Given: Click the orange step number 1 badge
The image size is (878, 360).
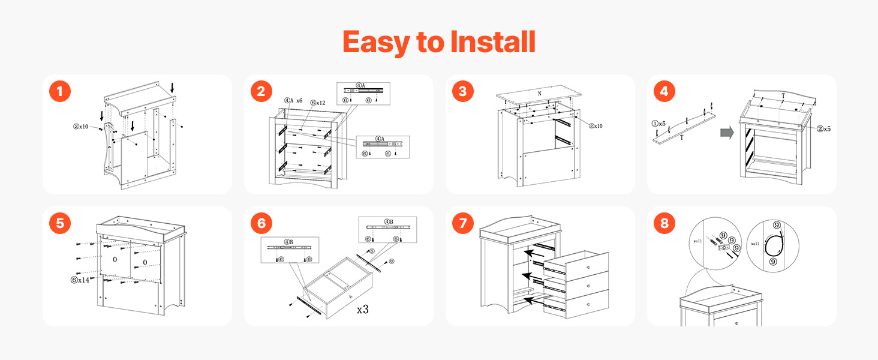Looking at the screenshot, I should (59, 92).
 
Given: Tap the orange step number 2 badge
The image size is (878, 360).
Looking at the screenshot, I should (261, 92).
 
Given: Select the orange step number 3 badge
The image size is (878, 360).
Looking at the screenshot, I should (462, 92).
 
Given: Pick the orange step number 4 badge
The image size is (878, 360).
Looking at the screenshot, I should (664, 92).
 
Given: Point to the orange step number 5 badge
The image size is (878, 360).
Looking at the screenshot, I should (59, 224).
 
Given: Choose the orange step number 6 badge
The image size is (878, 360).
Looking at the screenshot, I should (261, 224).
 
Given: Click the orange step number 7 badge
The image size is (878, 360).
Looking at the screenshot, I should (462, 224).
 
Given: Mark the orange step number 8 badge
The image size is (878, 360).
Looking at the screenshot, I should (664, 224).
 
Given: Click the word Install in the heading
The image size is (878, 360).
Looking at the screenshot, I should (487, 42).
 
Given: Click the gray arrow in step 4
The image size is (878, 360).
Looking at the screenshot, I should (727, 133).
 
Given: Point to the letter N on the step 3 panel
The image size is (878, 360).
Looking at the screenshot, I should (539, 94).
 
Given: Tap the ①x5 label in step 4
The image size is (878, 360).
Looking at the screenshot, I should (659, 123).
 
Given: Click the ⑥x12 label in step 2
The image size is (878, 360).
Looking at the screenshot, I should (318, 103).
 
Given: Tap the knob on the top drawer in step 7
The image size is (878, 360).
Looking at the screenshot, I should (589, 266).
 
